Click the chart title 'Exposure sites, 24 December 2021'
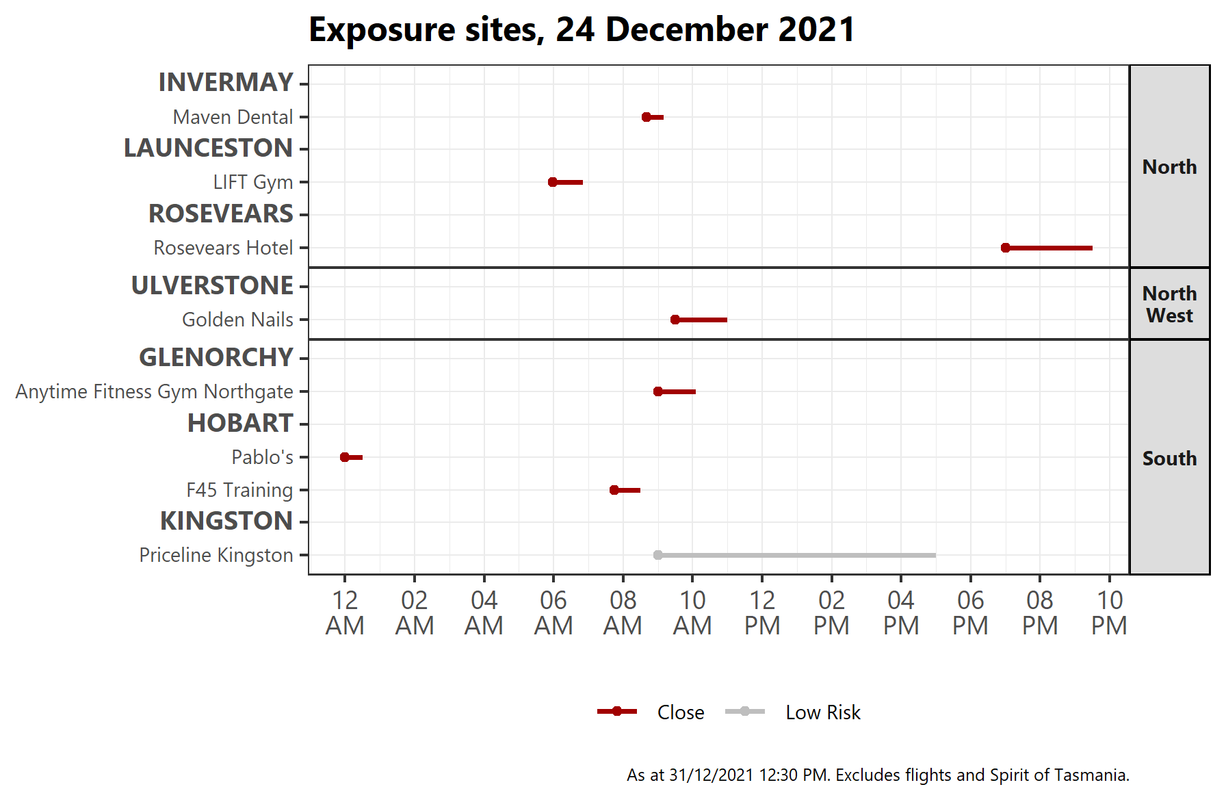(582, 30)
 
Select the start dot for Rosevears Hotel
(1005, 248)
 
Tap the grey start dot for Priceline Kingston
(657, 555)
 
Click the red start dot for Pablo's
(345, 457)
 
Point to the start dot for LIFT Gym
(553, 182)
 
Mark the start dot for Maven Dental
(647, 117)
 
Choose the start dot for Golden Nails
(675, 320)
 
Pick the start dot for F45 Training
(614, 490)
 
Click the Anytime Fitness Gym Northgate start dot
(657, 391)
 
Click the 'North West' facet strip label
(1169, 304)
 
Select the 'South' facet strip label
(1169, 458)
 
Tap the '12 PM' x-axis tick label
(762, 612)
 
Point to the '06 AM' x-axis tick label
(553, 612)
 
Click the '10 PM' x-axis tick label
(1109, 612)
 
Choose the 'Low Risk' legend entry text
(822, 712)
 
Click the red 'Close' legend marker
(617, 712)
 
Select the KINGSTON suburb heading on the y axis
(226, 521)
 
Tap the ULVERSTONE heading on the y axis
(212, 285)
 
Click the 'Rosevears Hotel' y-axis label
(223, 248)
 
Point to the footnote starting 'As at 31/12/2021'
(878, 775)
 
